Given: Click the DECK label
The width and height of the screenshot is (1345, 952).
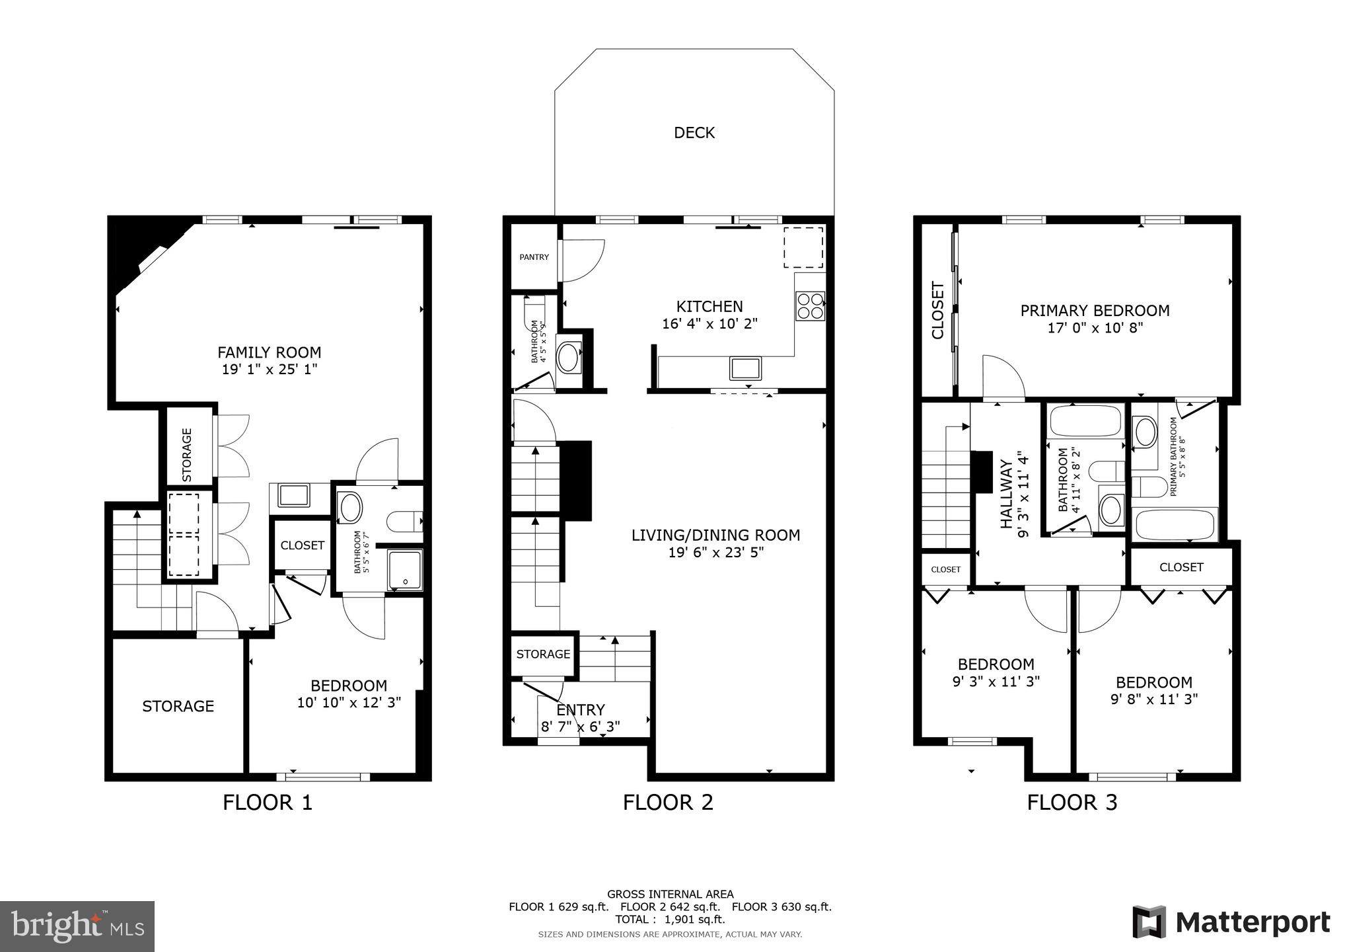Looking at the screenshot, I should click(x=694, y=133).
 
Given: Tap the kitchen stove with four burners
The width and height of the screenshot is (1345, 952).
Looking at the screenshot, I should click(x=810, y=306).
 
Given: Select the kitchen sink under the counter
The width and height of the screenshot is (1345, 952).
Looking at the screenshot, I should click(x=745, y=368).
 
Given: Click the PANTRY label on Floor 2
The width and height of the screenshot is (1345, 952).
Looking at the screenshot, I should click(x=534, y=257).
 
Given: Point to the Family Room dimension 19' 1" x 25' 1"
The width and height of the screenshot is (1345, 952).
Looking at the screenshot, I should click(x=270, y=370).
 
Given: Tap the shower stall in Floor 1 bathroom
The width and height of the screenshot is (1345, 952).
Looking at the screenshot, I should click(x=404, y=569).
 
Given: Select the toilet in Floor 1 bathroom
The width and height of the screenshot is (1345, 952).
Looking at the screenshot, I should click(x=402, y=522).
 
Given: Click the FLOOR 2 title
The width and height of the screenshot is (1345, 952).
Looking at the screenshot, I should click(x=668, y=803).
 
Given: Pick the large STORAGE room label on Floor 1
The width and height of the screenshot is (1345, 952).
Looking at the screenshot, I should click(x=178, y=706).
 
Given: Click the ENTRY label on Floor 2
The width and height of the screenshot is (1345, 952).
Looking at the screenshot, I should click(x=581, y=709).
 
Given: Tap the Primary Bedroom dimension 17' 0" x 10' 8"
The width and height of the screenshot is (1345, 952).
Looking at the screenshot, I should click(x=1095, y=327).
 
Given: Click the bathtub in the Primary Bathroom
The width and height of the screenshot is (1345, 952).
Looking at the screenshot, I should click(x=1175, y=526).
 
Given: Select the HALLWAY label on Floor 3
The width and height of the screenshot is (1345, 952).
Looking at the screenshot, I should click(x=1006, y=495).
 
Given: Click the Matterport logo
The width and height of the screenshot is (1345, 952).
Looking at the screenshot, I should click(x=1231, y=922).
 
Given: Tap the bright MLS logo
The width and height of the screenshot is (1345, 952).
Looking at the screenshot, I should click(x=77, y=926).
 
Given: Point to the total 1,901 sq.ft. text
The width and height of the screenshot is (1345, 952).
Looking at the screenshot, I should click(x=670, y=919).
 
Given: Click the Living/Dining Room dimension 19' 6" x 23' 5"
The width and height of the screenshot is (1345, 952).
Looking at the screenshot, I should click(x=715, y=552).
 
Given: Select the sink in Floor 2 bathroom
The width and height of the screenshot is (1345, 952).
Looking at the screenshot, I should click(x=568, y=358).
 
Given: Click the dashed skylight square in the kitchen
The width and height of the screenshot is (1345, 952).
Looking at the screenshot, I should click(x=803, y=247).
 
